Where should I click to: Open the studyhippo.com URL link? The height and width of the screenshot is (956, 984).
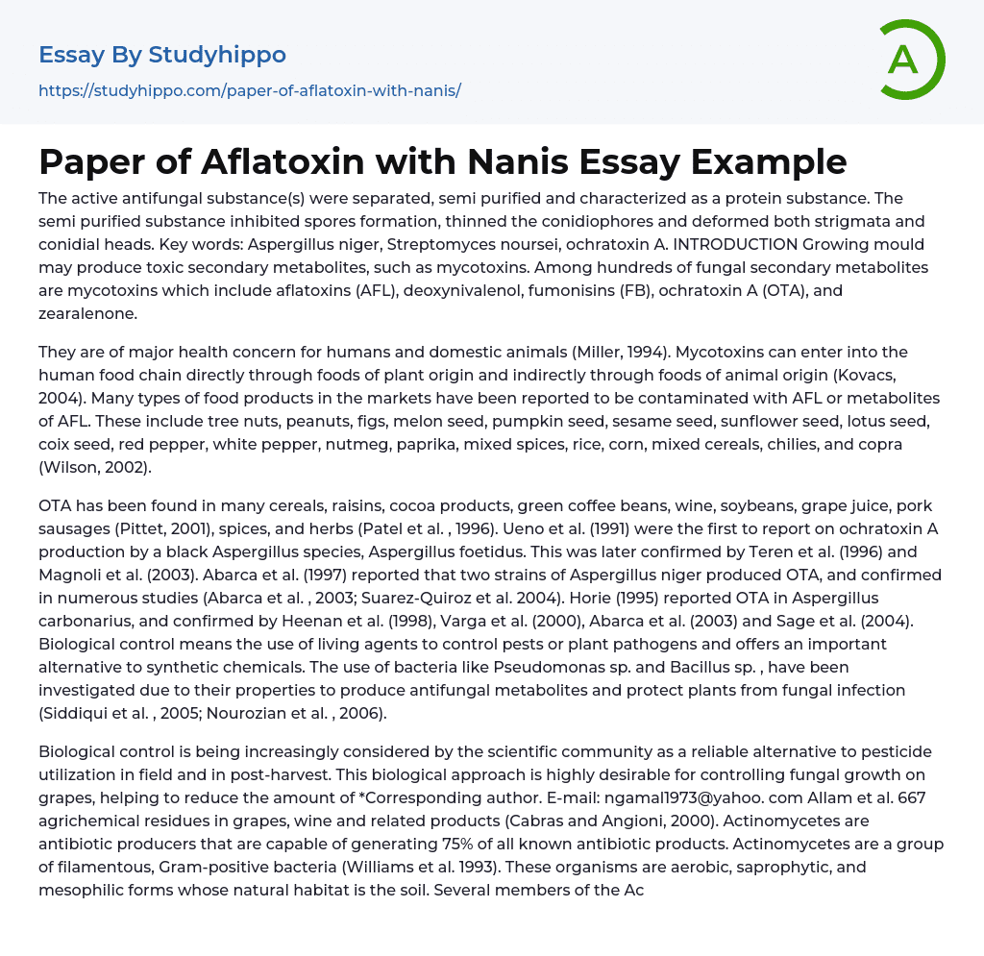(250, 90)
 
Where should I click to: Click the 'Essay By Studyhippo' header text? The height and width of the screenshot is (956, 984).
(162, 55)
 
